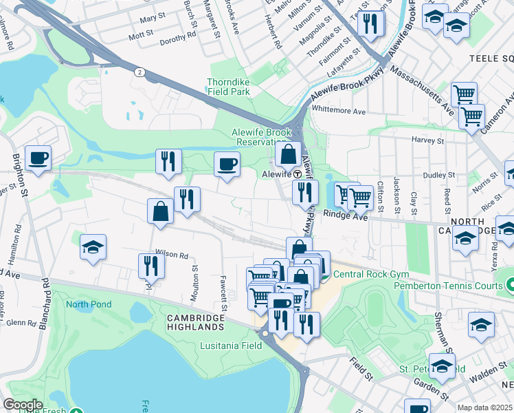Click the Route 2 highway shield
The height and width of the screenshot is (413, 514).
point(139,72)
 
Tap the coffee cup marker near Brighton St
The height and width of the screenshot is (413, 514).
point(38,158)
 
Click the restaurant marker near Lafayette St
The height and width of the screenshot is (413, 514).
point(371,24)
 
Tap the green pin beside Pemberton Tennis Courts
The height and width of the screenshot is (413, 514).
point(510,284)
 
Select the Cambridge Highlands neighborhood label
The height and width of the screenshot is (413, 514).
point(196,323)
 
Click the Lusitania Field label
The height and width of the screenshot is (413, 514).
point(231,346)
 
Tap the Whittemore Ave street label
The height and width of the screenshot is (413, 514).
point(339,110)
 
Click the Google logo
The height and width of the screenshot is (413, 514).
point(23,404)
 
